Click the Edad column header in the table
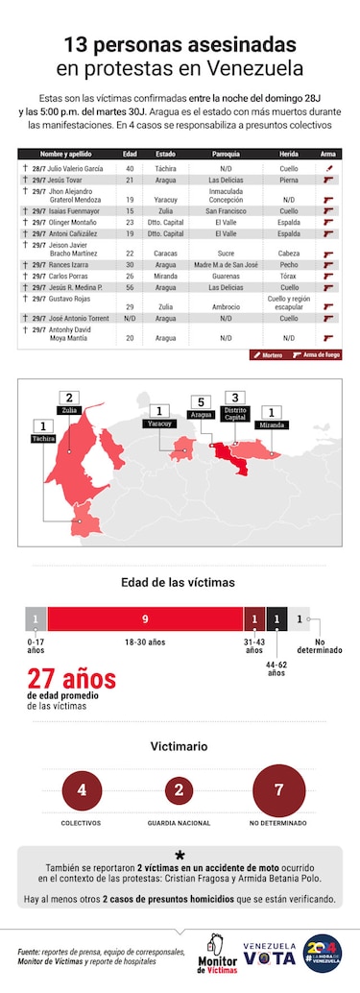pos(130,154)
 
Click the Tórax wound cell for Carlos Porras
pos(288,275)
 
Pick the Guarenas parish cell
pos(225,275)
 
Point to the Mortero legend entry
pos(267,354)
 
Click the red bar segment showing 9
pos(144,619)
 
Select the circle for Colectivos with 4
pos(82,790)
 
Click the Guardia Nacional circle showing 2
pos(180,790)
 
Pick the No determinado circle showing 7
pos(279,790)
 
